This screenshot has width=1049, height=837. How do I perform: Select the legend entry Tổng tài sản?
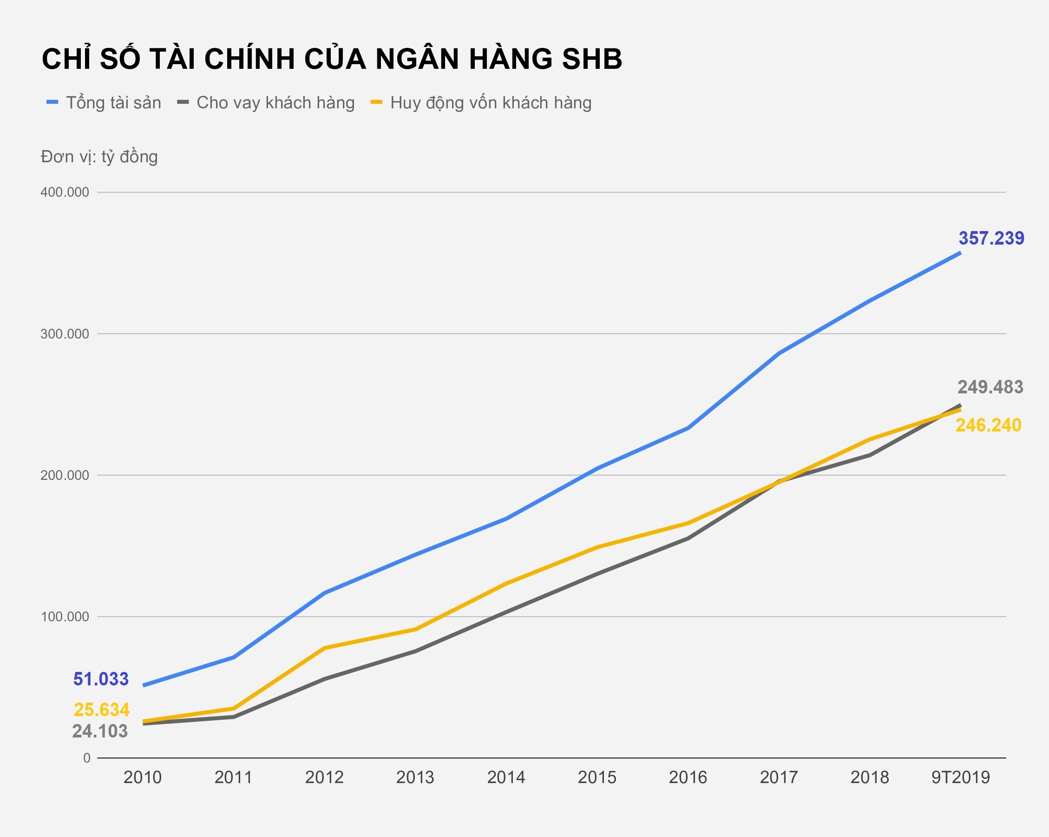coord(113,103)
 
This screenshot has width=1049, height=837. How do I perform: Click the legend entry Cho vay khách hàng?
coord(275,103)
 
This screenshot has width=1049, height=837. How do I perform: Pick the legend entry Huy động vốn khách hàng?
coord(491,103)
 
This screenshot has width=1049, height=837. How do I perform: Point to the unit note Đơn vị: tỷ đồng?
coord(99,157)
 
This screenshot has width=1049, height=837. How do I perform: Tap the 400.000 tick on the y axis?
coord(65,193)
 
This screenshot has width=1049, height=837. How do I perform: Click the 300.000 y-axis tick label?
coord(65,334)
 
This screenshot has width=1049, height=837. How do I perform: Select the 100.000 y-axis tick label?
coord(65,617)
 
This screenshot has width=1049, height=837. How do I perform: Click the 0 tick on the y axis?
coord(86,758)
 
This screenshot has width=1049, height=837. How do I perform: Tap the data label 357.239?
coord(991,239)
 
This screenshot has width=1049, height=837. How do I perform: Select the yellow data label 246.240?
coord(988,425)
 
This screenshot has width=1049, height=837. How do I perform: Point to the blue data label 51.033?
coord(101,679)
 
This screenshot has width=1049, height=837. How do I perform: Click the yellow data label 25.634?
coord(102,710)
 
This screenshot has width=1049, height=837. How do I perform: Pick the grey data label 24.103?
coord(100,731)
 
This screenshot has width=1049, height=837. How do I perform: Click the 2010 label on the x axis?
coord(142,777)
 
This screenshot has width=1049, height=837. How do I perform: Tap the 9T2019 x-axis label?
coord(960,777)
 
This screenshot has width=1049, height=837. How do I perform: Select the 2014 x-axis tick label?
coord(506,777)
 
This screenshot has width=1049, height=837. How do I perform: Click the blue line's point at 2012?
coord(325,593)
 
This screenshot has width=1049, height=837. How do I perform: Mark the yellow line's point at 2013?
coord(415,629)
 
